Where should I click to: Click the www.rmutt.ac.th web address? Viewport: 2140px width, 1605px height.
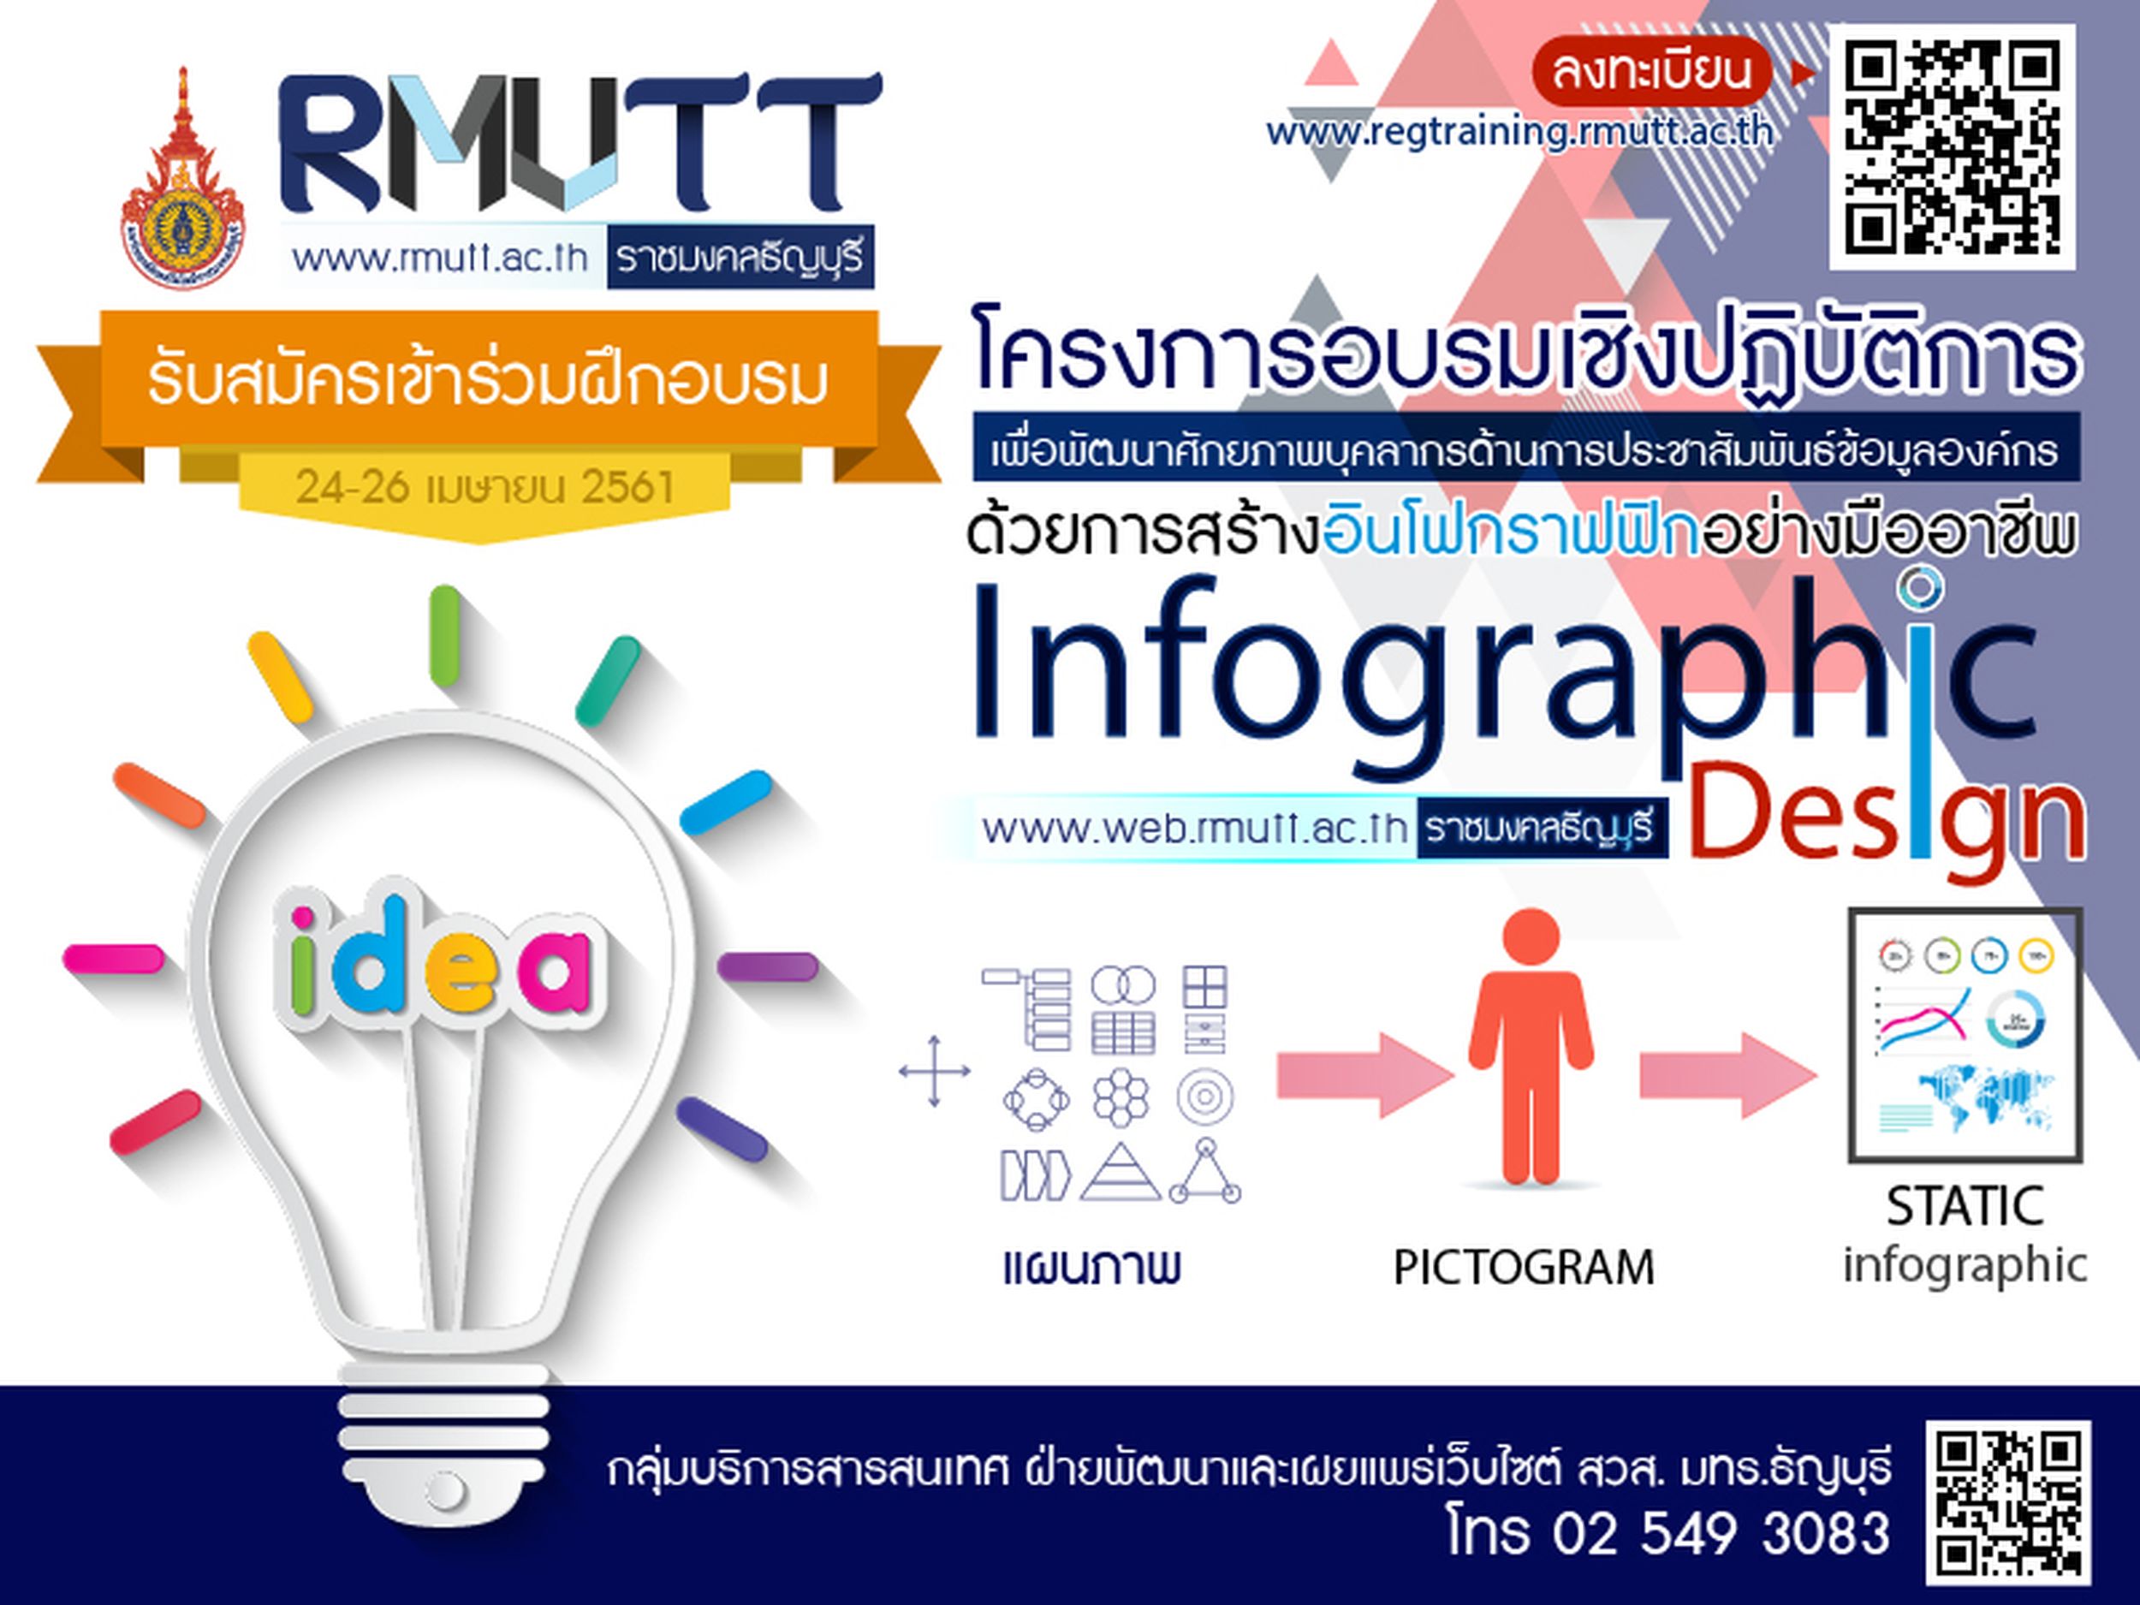pos(440,259)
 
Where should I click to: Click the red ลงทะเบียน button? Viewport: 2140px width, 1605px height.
pos(1650,72)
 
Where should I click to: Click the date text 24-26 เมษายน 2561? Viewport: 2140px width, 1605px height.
pos(484,485)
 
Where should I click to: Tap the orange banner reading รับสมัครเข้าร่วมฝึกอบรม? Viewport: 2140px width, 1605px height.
pos(489,382)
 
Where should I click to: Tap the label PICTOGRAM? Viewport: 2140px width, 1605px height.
pos(1524,1268)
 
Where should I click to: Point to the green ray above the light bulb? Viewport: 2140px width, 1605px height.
pos(445,636)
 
